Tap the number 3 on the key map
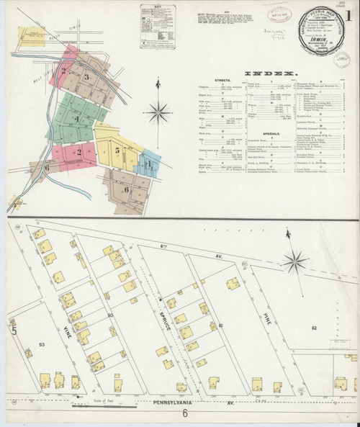(87, 76)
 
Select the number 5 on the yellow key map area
(117, 151)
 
